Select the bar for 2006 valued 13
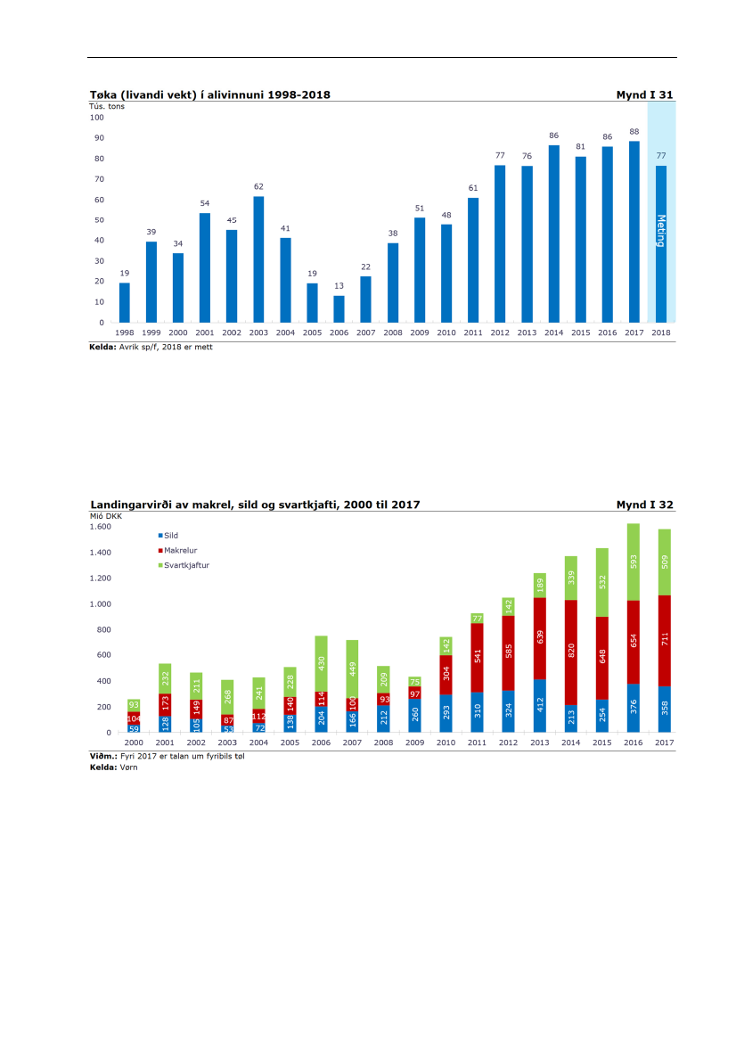[x=339, y=308]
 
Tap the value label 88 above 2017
[x=634, y=132]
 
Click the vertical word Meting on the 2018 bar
[x=660, y=231]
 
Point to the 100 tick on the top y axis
[x=97, y=118]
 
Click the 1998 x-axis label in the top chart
[x=125, y=332]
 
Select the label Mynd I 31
[x=644, y=94]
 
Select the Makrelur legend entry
[x=180, y=550]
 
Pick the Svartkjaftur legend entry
[x=186, y=565]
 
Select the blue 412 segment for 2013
[x=540, y=706]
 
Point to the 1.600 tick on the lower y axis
[x=101, y=527]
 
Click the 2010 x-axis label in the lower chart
[x=446, y=742]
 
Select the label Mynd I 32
[x=644, y=505]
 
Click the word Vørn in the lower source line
[x=129, y=767]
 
